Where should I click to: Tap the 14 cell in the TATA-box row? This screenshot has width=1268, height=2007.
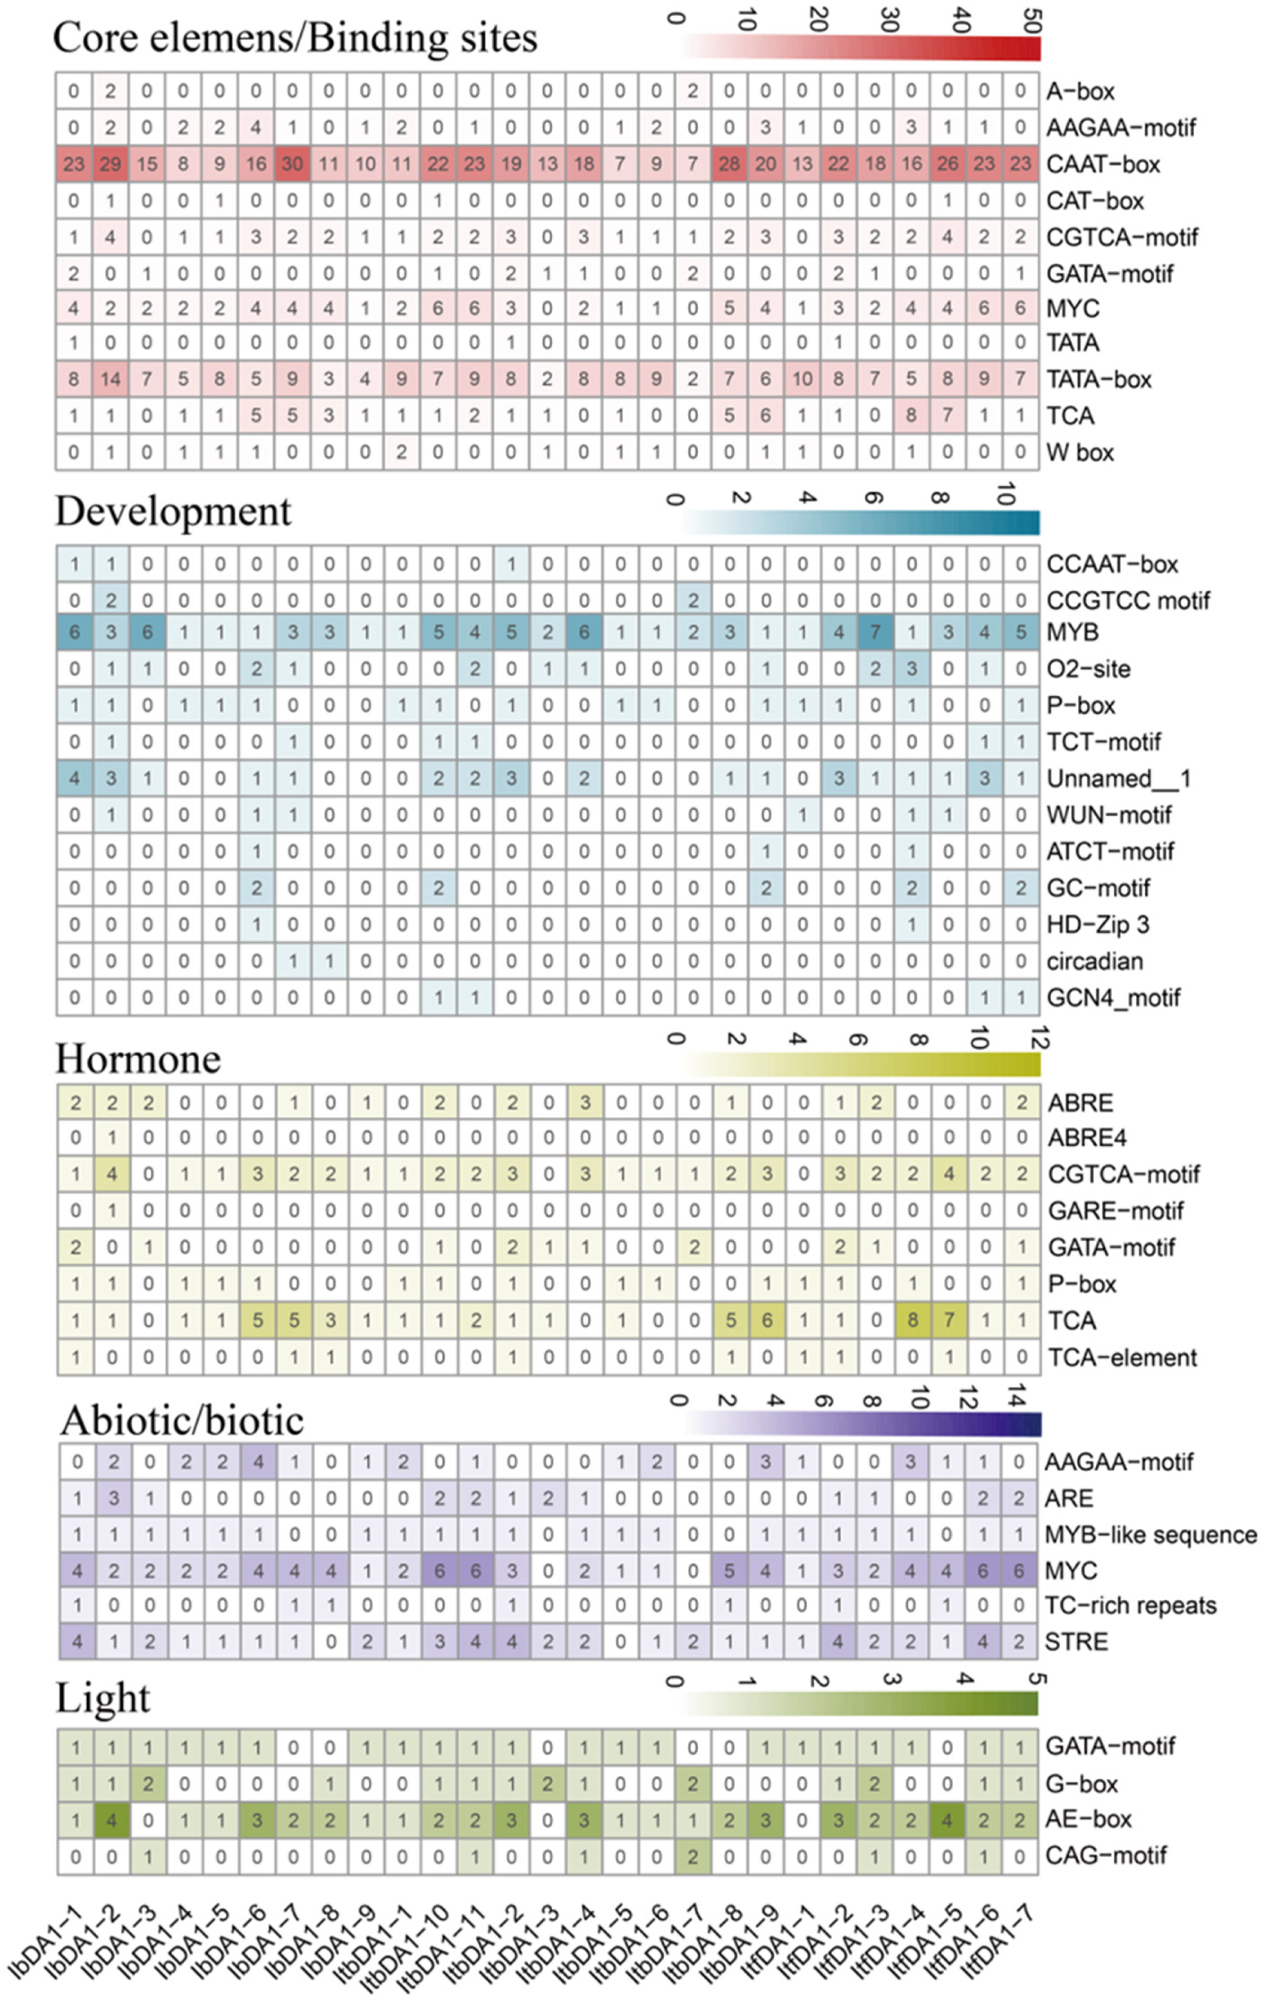pos(110,379)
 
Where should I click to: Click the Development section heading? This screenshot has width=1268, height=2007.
pos(173,511)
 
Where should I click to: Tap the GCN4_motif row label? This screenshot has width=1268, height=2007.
pos(1113,998)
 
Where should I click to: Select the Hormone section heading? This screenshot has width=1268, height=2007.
pos(138,1059)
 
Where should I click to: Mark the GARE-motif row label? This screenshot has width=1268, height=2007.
pos(1115,1210)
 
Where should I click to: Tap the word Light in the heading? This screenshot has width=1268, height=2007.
pos(103,1698)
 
